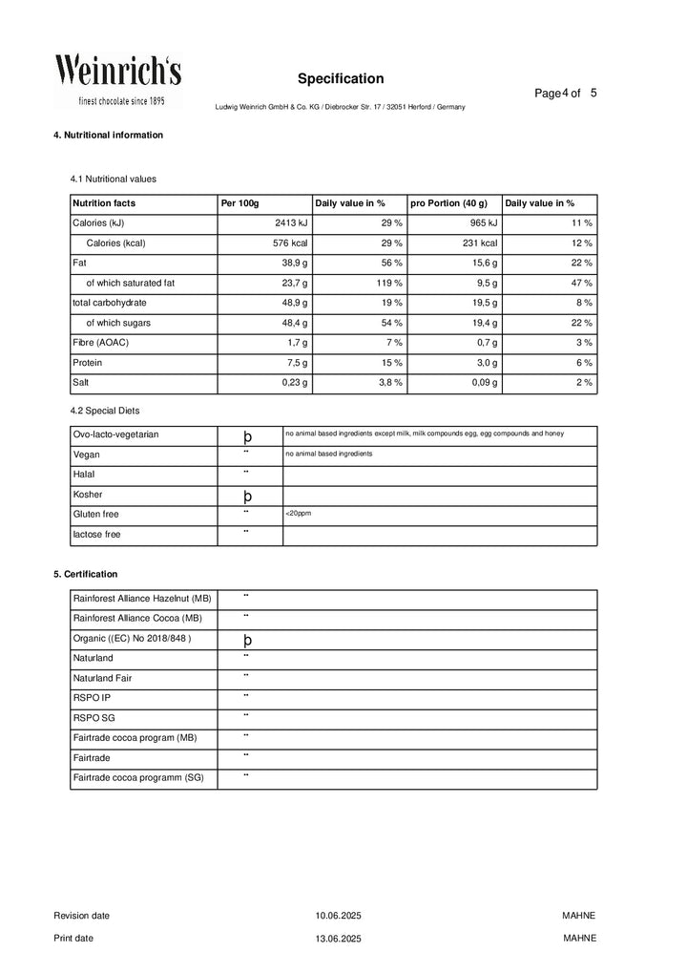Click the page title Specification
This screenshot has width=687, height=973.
click(340, 78)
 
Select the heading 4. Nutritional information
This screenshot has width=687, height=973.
click(108, 135)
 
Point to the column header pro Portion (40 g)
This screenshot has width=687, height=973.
click(448, 203)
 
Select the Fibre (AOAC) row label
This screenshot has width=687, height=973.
click(101, 343)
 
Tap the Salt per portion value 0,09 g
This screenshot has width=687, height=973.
click(481, 383)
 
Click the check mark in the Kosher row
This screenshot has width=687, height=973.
click(247, 497)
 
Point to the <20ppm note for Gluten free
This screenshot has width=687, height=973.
click(298, 514)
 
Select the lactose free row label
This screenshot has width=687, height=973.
click(97, 535)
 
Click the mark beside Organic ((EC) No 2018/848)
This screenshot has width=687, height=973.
click(247, 640)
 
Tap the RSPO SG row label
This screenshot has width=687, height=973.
click(94, 717)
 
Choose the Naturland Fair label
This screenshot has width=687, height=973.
click(103, 678)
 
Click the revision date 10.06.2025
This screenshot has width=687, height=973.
click(339, 916)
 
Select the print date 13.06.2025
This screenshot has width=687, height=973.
click(339, 939)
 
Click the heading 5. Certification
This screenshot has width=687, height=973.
click(86, 574)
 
